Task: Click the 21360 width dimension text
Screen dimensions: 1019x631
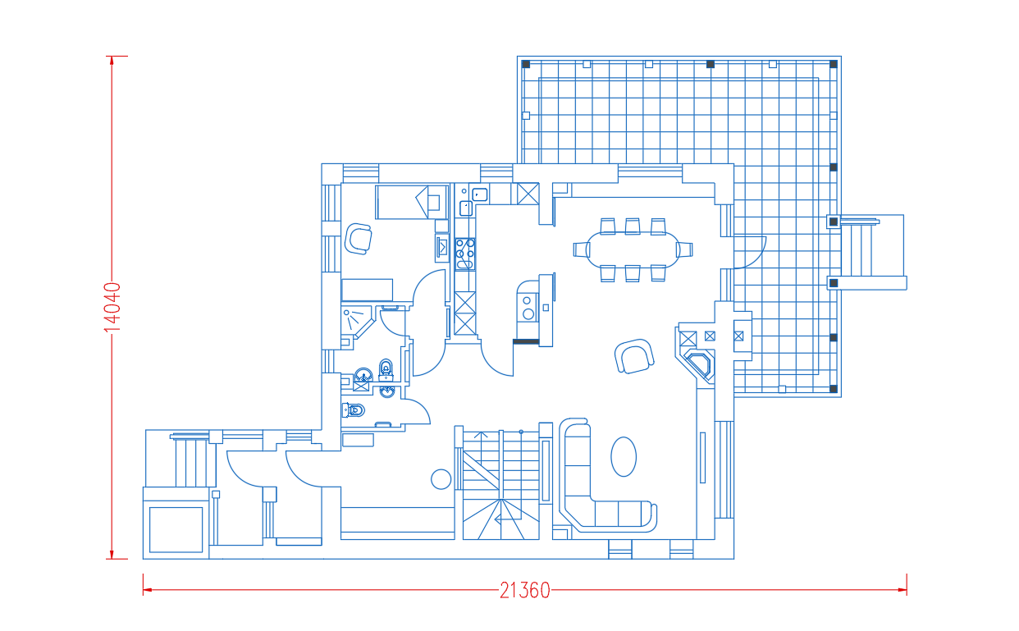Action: coord(525,591)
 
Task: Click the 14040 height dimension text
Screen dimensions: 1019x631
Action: coord(112,308)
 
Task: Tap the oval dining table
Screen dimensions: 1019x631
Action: coord(633,249)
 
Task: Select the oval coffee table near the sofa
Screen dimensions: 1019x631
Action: coord(624,456)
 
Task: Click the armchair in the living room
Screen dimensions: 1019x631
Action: coord(634,356)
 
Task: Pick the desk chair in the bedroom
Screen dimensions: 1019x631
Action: coord(358,239)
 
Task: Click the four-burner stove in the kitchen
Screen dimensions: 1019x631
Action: coord(465,254)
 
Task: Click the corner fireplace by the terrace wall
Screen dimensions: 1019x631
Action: coord(698,364)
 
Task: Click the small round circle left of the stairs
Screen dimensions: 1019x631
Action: coord(441,479)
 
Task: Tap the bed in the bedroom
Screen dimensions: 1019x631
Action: coord(412,202)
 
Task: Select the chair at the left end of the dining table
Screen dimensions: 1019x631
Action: coord(582,249)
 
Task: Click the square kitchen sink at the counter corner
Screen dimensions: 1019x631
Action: coord(479,194)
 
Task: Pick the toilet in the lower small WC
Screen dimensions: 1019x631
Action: coord(354,410)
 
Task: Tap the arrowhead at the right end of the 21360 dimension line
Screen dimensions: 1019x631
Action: coord(902,590)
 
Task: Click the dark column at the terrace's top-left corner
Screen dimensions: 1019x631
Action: coord(526,64)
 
